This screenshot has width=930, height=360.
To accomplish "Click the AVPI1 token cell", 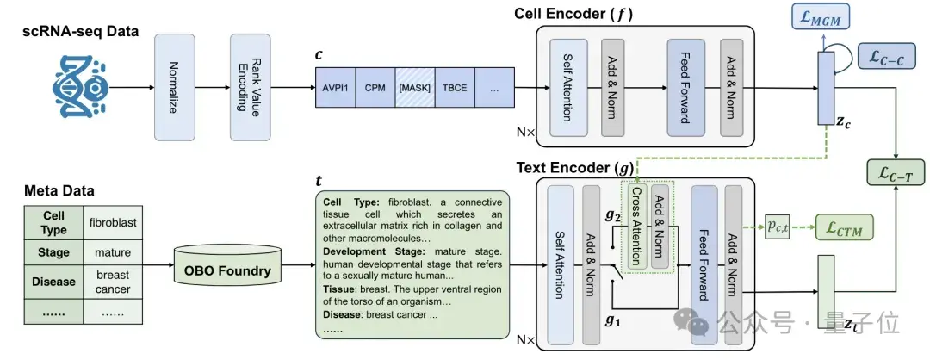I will coord(335,87).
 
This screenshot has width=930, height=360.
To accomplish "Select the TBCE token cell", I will coord(454,87).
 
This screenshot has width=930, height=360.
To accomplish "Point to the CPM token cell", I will coord(375,87).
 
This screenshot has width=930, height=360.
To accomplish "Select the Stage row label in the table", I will coord(53,253).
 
